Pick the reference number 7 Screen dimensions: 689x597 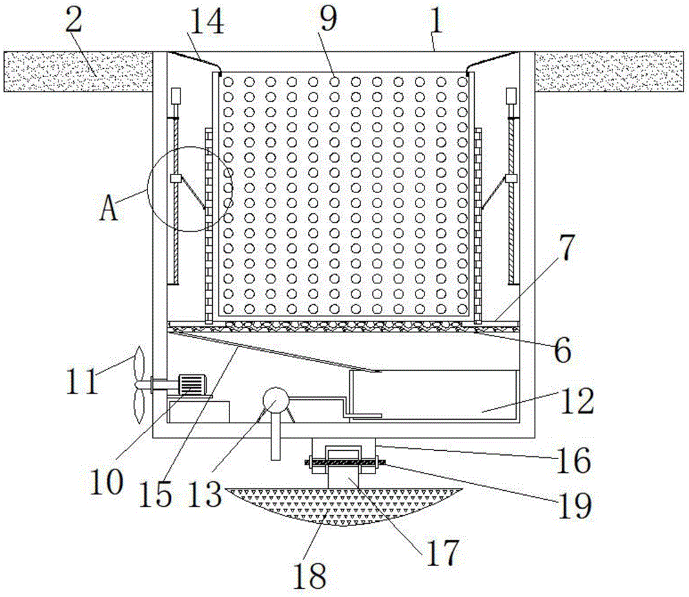pyautogui.click(x=564, y=251)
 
